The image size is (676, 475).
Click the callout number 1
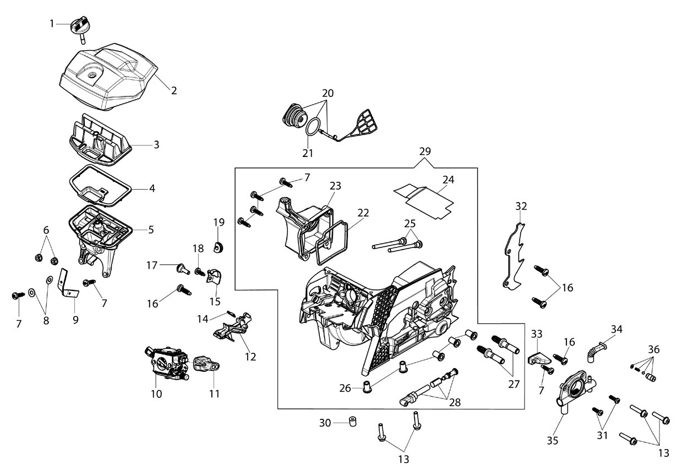(52, 24)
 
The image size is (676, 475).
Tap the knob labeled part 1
(80, 29)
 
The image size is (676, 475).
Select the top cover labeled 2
(108, 77)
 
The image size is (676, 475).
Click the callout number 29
(425, 151)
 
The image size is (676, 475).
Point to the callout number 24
(448, 180)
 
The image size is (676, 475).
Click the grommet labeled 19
(218, 247)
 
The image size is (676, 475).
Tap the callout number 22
(363, 213)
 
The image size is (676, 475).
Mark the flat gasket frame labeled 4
(100, 186)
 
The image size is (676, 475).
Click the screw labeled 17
(183, 269)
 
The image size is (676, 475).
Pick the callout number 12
(250, 357)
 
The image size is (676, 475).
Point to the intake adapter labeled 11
(206, 364)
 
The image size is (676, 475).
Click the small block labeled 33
(539, 358)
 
